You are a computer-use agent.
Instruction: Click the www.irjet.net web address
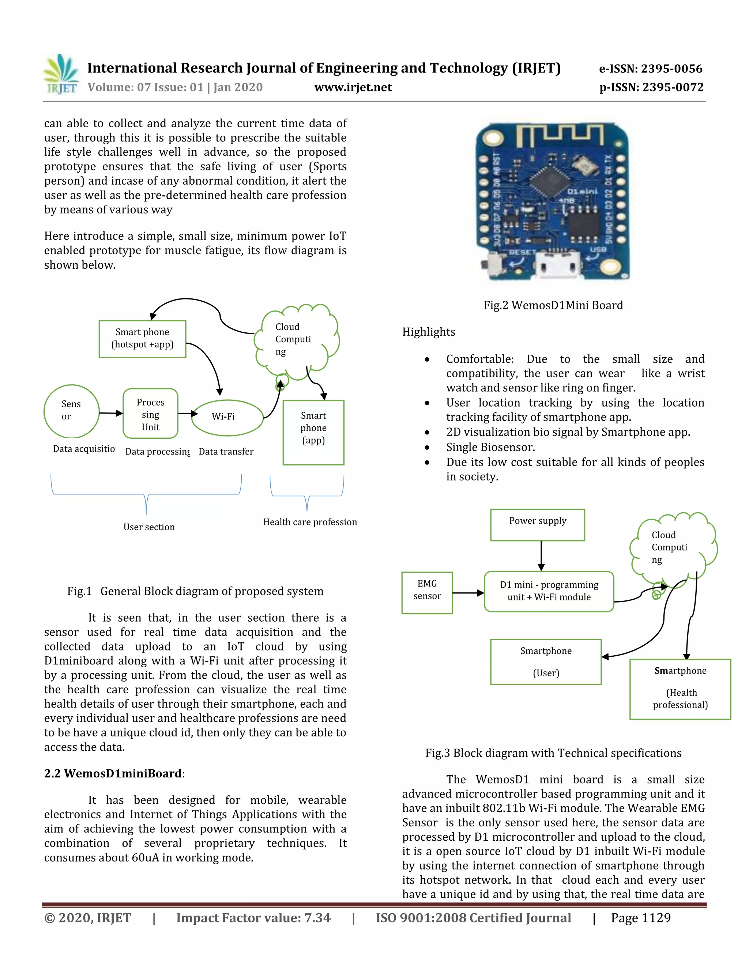point(353,87)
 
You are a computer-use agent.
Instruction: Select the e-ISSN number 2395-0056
point(651,69)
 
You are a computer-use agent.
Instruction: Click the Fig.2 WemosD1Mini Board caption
point(553,305)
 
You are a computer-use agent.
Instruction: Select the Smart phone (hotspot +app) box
point(142,339)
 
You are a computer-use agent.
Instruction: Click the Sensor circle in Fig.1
point(71,411)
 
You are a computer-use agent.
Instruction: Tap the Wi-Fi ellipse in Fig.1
point(227,417)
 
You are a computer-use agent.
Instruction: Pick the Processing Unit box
point(150,414)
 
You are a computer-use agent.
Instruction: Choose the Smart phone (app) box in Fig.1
point(313,432)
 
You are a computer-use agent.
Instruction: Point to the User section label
point(149,527)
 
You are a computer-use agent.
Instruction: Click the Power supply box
point(537,524)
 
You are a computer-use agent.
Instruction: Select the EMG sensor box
point(427,593)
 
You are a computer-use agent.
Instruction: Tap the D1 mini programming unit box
point(549,591)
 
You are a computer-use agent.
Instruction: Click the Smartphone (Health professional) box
point(680,689)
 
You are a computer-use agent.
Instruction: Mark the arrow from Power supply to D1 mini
point(541,555)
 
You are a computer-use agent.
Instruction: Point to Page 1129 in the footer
point(640,917)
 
